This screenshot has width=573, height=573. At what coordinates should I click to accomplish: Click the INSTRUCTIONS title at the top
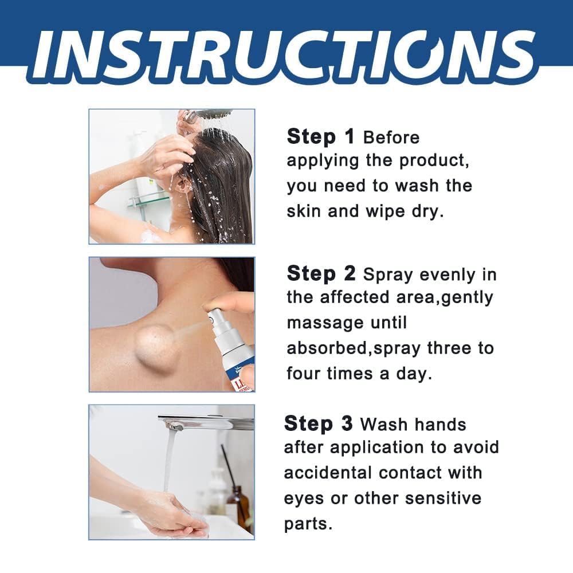[286, 56]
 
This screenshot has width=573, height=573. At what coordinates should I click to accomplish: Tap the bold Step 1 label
[320, 136]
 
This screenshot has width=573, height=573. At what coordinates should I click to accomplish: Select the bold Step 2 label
[321, 273]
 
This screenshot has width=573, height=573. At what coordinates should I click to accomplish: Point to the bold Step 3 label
[318, 423]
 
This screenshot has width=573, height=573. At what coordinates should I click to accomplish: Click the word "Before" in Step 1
[391, 138]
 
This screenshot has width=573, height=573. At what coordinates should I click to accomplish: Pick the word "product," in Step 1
[434, 161]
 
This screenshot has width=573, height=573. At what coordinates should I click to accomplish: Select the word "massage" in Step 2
[325, 323]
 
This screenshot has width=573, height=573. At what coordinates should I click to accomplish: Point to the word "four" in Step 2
[303, 374]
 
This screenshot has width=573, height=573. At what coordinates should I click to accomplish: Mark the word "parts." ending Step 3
[308, 524]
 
